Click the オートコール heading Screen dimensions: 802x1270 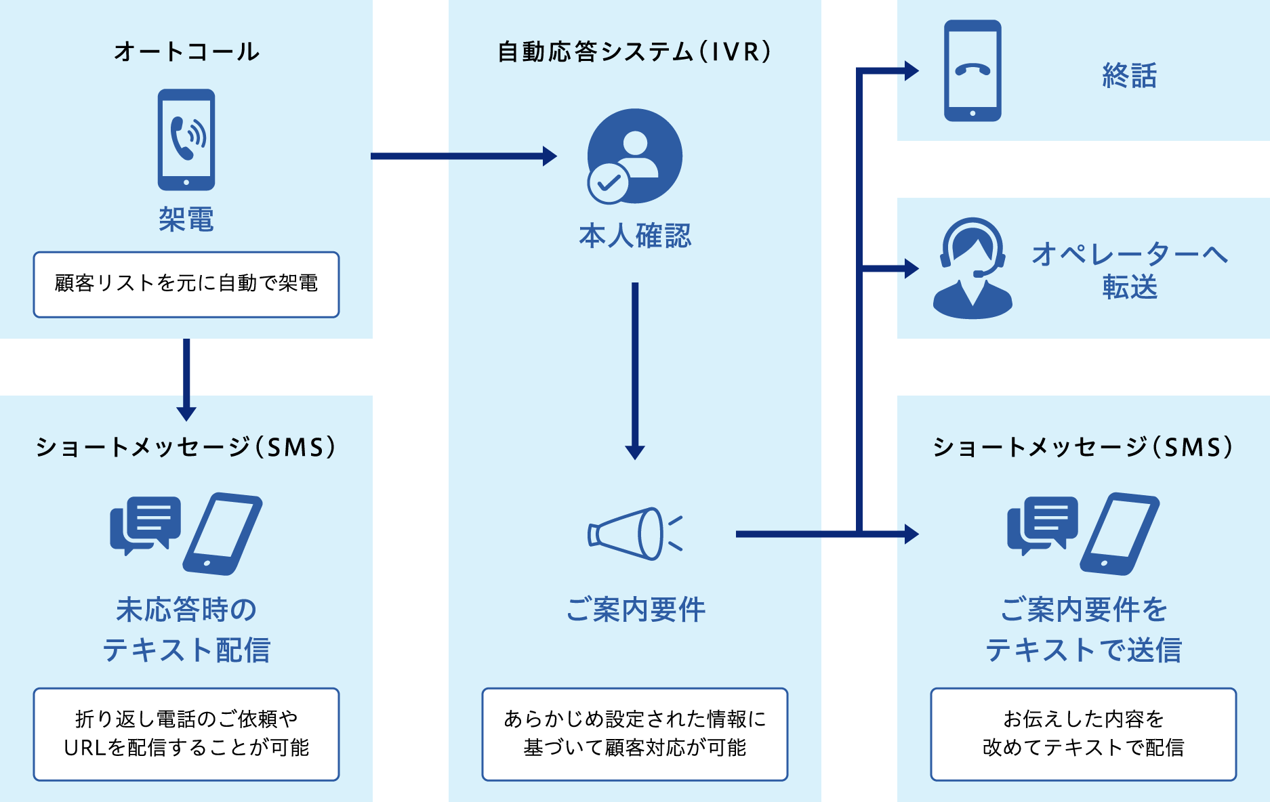click(186, 51)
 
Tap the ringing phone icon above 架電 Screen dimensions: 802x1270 click(186, 140)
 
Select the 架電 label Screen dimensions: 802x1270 click(186, 219)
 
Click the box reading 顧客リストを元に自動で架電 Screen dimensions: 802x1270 click(186, 284)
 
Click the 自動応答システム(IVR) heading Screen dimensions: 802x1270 click(634, 51)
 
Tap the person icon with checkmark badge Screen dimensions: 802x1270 click(634, 156)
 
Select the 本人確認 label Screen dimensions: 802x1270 click(635, 236)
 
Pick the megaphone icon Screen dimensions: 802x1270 click(634, 534)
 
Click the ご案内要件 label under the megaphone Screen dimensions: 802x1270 click(635, 610)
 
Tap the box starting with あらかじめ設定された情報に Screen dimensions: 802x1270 click(635, 734)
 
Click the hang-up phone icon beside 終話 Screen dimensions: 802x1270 click(972, 70)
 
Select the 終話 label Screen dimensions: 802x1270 click(1129, 75)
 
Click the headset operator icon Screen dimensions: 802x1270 click(972, 268)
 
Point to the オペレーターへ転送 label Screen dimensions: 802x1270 click(1129, 270)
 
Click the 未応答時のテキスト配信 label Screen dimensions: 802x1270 click(186, 629)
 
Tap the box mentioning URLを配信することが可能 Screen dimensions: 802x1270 click(186, 734)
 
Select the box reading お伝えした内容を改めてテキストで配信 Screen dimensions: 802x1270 click(1083, 734)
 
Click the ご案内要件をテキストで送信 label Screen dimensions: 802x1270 click(1083, 629)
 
